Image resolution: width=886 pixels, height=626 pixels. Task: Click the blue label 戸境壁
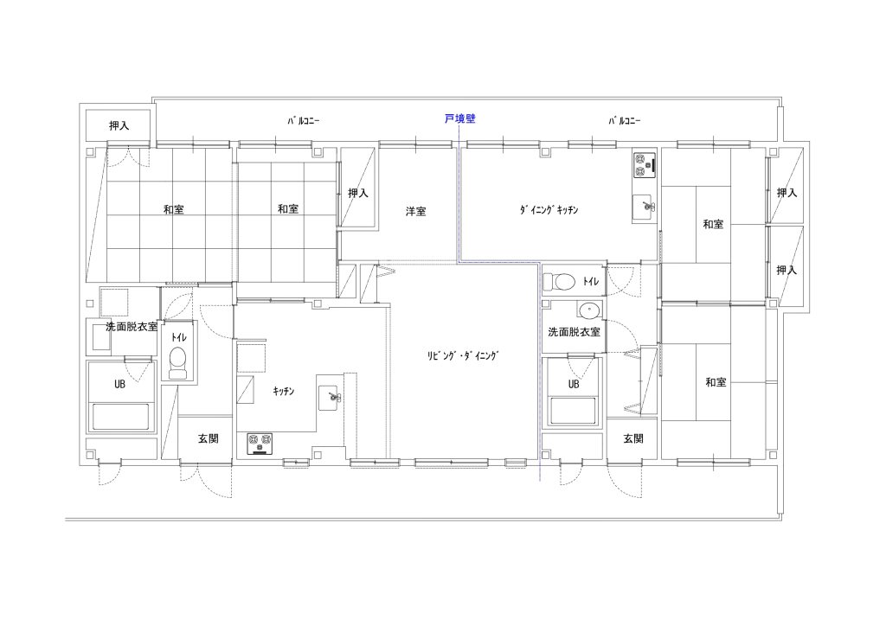point(460,118)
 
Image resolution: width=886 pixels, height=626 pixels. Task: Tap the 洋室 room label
point(416,212)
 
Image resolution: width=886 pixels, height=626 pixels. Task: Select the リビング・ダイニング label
point(464,355)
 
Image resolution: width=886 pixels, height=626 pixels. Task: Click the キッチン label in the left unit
point(284,391)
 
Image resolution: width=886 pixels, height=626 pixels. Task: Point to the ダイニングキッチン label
point(549,210)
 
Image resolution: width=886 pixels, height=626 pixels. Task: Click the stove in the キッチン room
point(260,444)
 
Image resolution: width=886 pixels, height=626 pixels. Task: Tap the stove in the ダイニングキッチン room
point(644,164)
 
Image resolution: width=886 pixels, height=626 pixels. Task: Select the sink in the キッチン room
point(330,398)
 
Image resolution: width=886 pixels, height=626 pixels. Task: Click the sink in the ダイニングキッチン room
point(644,208)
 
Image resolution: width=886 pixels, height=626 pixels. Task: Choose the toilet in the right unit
point(559,281)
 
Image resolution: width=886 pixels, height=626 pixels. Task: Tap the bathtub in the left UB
point(120,417)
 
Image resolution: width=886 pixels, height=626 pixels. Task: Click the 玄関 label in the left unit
point(208,438)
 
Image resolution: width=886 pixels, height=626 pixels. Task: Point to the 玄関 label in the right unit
point(632,438)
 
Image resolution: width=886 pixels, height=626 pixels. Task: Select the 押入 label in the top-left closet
point(119,125)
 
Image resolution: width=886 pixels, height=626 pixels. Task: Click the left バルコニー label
point(304,121)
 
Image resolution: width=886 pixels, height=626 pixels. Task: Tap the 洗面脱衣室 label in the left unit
point(132,327)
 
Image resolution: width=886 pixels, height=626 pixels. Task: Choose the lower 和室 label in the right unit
point(716,382)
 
